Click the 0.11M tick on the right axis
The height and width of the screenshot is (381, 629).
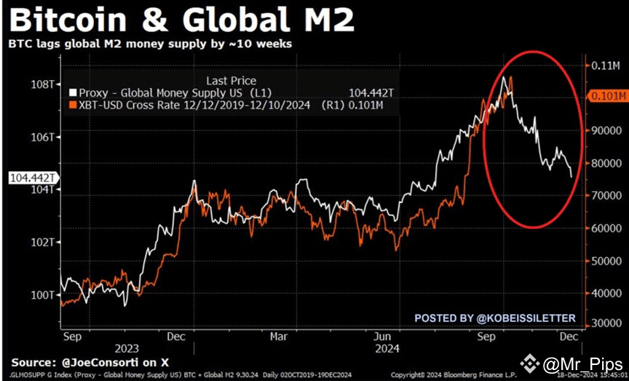click(606, 66)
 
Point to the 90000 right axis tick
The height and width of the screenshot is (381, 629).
click(606, 131)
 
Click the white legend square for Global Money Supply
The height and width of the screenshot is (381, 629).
click(73, 93)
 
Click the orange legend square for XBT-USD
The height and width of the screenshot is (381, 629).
click(73, 106)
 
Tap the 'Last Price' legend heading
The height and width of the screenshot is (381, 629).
click(232, 81)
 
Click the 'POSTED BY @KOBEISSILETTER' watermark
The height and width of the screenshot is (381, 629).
click(495, 318)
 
